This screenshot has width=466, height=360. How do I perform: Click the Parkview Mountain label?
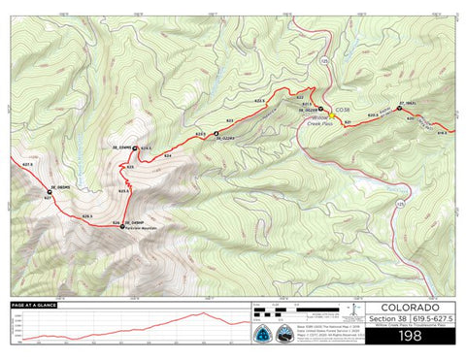pos(141,229)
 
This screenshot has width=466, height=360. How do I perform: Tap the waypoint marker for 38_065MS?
pos(49,194)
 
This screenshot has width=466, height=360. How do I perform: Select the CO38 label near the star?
pos(342,112)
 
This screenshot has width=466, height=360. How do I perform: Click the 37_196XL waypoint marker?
pos(399,107)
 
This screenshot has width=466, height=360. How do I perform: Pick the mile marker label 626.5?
pos(86,215)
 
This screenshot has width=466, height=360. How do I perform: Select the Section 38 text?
pos(385,317)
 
